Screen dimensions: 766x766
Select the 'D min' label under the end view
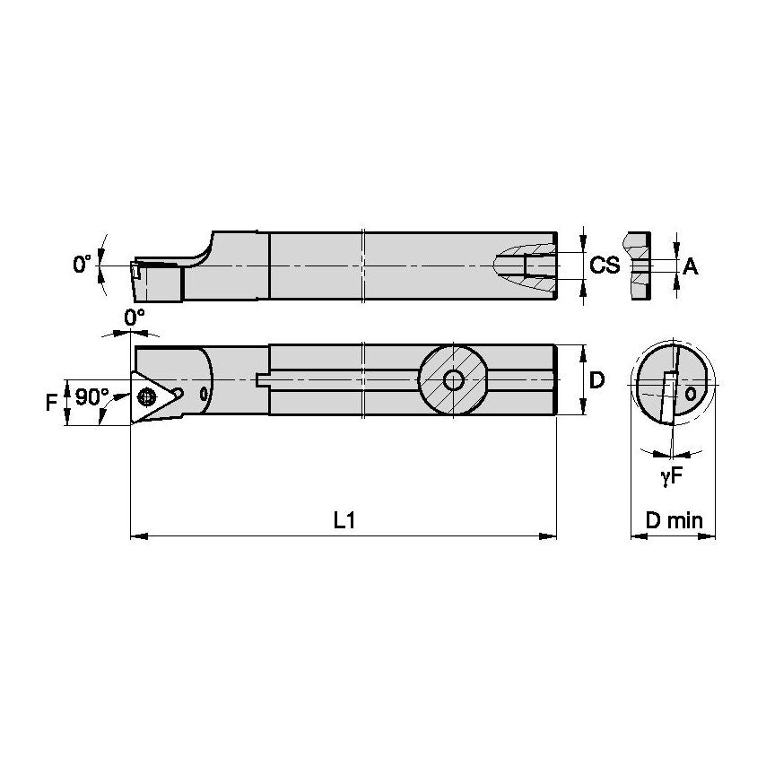click(x=674, y=520)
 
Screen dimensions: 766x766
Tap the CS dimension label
click(x=605, y=265)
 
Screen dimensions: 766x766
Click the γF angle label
click(x=672, y=478)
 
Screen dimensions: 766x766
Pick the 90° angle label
click(x=91, y=396)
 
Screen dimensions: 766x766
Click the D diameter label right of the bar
click(x=597, y=380)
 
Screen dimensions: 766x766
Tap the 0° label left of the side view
click(x=83, y=264)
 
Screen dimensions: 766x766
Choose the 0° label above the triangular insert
click(x=134, y=318)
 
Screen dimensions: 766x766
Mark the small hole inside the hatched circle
click(x=454, y=380)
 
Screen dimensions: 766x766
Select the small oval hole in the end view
click(x=690, y=394)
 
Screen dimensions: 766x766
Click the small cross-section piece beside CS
click(x=639, y=265)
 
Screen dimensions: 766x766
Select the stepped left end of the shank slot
click(x=262, y=380)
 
